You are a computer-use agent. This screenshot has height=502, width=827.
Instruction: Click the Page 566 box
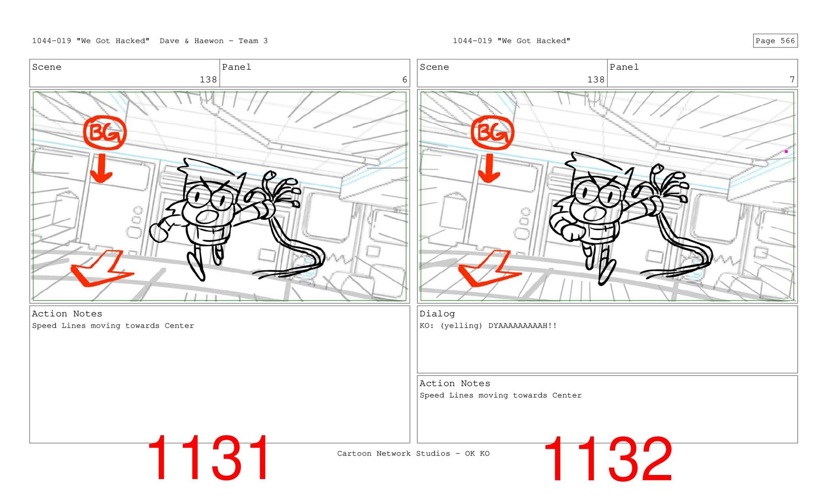coord(775,40)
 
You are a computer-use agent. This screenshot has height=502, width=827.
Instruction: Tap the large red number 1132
coord(608,459)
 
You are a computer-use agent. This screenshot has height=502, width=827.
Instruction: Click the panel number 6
coord(404,80)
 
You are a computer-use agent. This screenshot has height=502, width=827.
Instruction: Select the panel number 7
coord(792,80)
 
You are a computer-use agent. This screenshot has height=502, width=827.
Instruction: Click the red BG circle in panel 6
coord(105,133)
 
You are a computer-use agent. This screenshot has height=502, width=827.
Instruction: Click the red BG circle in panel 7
coord(492,133)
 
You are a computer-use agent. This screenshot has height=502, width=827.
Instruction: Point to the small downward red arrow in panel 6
coord(101,168)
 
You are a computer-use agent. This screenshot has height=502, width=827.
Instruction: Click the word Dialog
coord(437,314)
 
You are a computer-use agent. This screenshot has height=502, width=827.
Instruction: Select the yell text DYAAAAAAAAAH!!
coord(522,325)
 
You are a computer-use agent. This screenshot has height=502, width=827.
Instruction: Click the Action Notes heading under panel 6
coord(67,314)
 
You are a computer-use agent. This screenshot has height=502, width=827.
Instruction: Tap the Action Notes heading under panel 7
coord(455,384)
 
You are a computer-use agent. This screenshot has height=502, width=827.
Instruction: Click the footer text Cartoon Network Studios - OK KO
coord(413,453)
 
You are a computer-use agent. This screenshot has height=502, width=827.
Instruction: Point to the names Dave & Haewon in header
coord(192,41)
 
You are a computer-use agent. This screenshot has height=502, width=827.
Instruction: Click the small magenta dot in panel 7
coord(786,151)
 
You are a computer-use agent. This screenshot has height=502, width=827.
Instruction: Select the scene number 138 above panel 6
coord(208,80)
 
